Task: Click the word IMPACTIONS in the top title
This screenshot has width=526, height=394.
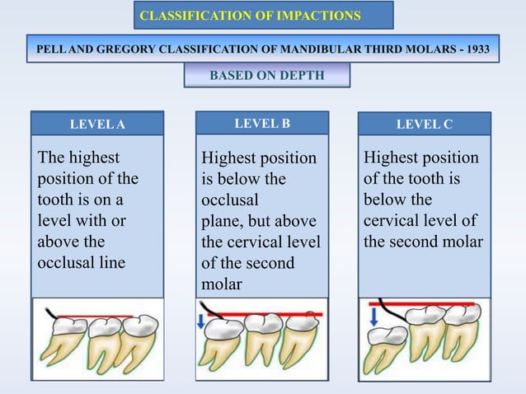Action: tap(322, 15)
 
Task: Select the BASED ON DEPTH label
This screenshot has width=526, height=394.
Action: tap(267, 76)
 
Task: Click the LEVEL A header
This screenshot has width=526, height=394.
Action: tap(96, 124)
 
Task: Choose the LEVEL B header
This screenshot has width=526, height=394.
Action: tap(262, 124)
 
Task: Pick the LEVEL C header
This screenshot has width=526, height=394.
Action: tap(425, 124)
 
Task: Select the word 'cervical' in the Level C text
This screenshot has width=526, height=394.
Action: tap(391, 221)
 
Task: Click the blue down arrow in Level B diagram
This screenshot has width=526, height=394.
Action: tap(202, 320)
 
